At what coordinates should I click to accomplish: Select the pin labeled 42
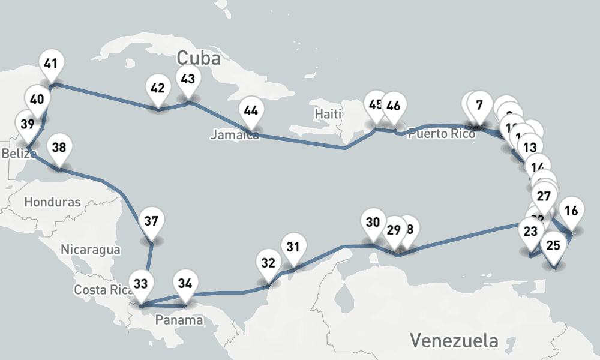[158, 89]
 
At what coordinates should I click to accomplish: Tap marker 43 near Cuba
[188, 79]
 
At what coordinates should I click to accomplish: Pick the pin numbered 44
[251, 111]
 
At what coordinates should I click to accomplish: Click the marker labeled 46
[394, 106]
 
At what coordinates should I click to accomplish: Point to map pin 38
[59, 147]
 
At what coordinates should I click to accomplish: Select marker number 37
[151, 221]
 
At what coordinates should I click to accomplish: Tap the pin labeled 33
[140, 283]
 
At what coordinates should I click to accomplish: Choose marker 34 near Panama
[185, 283]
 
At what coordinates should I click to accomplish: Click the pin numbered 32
[268, 263]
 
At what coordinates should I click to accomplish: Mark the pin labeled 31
[293, 247]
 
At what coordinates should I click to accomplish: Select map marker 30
[373, 223]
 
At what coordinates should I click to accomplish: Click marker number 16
[571, 211]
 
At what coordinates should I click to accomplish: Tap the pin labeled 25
[554, 245]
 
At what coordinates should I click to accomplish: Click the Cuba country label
[199, 59]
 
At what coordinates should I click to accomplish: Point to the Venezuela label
[454, 341]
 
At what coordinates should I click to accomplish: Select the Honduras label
[52, 202]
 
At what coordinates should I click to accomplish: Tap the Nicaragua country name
[91, 249]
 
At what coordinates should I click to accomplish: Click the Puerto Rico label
[442, 134]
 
